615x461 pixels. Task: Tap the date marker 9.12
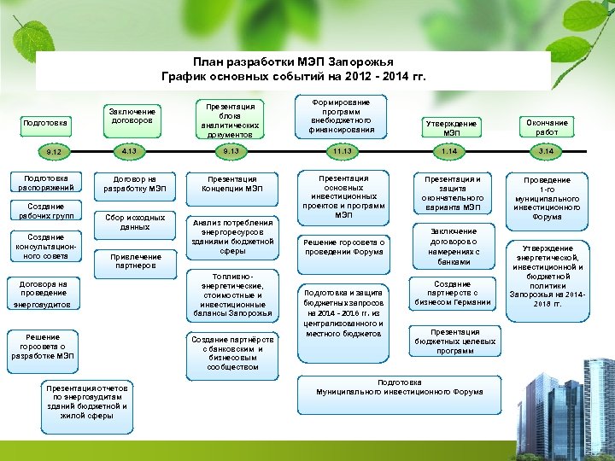[54, 152]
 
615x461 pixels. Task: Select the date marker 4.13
[129, 151]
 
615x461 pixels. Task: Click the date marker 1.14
[449, 151]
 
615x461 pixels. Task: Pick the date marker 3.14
[546, 151]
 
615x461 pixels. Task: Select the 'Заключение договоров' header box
[133, 117]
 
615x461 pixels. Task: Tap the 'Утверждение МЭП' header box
[451, 128]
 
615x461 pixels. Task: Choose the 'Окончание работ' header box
[547, 127]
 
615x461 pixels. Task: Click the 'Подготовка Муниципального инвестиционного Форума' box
[387, 387]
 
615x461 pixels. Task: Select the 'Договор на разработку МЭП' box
[133, 184]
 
